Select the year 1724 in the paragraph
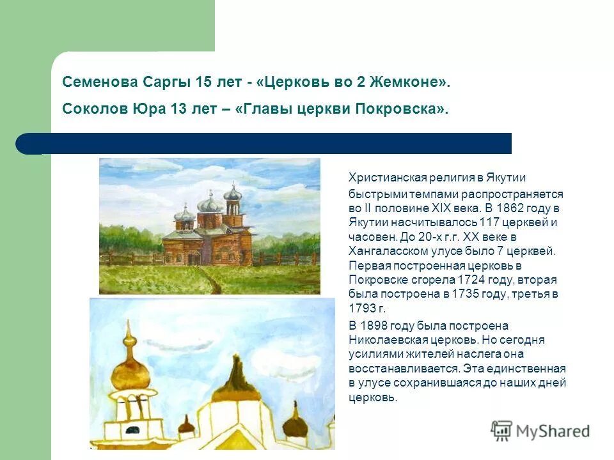tap(473, 280)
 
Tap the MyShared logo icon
tap(501, 431)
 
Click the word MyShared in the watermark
tap(553, 431)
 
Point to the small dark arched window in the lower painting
tap(133, 429)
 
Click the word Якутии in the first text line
tap(505, 178)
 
